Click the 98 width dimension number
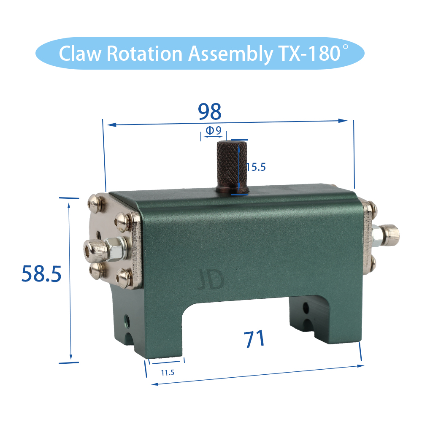point(210,111)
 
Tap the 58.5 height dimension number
point(41,274)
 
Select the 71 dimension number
point(254,339)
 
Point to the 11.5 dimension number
point(168,373)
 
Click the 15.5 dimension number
point(256,167)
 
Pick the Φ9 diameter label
point(214,130)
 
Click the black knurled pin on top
point(232,167)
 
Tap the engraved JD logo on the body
point(211,280)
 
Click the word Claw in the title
point(80,53)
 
